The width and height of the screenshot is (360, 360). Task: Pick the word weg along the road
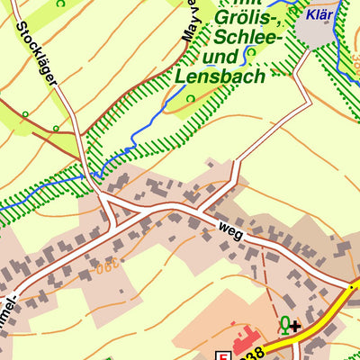(230, 230)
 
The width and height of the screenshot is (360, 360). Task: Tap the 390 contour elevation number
(107, 267)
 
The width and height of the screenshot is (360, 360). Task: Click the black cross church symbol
(295, 325)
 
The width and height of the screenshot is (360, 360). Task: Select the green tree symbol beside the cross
(284, 325)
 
